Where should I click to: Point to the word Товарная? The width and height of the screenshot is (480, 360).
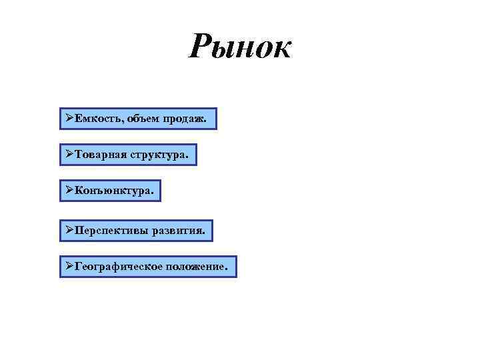pyautogui.click(x=101, y=155)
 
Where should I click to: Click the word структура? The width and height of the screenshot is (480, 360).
pyautogui.click(x=159, y=155)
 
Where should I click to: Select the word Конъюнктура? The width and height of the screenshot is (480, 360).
pyautogui.click(x=113, y=191)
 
